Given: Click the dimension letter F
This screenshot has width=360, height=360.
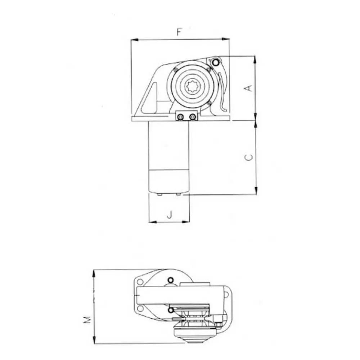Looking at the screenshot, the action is click(x=179, y=32).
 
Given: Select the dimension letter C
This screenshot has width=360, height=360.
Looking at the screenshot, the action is click(x=249, y=157).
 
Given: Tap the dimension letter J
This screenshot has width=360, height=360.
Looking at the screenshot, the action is click(x=170, y=215).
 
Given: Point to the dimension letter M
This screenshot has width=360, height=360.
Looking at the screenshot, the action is click(x=87, y=320).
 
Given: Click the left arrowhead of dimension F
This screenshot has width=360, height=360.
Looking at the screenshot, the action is click(x=135, y=40).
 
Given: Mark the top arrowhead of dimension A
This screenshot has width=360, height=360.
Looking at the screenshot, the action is click(x=256, y=60).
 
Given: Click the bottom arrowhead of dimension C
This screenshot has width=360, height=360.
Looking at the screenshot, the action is click(x=256, y=191).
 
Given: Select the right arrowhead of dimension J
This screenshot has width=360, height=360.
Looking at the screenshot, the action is click(x=186, y=222).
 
